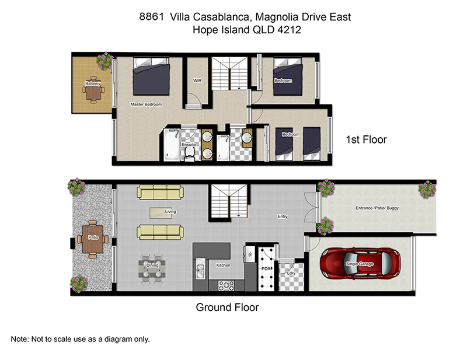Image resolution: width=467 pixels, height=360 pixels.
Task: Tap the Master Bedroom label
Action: click(146, 104)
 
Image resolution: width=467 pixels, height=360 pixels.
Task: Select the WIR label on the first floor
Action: click(197, 81)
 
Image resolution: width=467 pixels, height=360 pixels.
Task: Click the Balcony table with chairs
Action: click(92, 91)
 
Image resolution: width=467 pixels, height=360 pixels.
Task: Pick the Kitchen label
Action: click(224, 265)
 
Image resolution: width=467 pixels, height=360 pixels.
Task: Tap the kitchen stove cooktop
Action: click(226, 286)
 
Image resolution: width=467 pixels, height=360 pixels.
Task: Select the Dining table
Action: click(152, 268)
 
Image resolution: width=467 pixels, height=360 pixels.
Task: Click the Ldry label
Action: click(291, 273)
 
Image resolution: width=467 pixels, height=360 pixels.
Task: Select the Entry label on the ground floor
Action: click(283, 216)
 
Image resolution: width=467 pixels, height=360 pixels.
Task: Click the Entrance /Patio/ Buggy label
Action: click(377, 208)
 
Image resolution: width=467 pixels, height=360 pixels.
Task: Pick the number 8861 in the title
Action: click(151, 18)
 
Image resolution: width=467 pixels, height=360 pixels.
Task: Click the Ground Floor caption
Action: click(227, 307)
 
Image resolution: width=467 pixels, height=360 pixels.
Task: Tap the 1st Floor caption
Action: click(366, 140)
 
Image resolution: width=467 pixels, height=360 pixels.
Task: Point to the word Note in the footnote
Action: click(20, 339)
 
